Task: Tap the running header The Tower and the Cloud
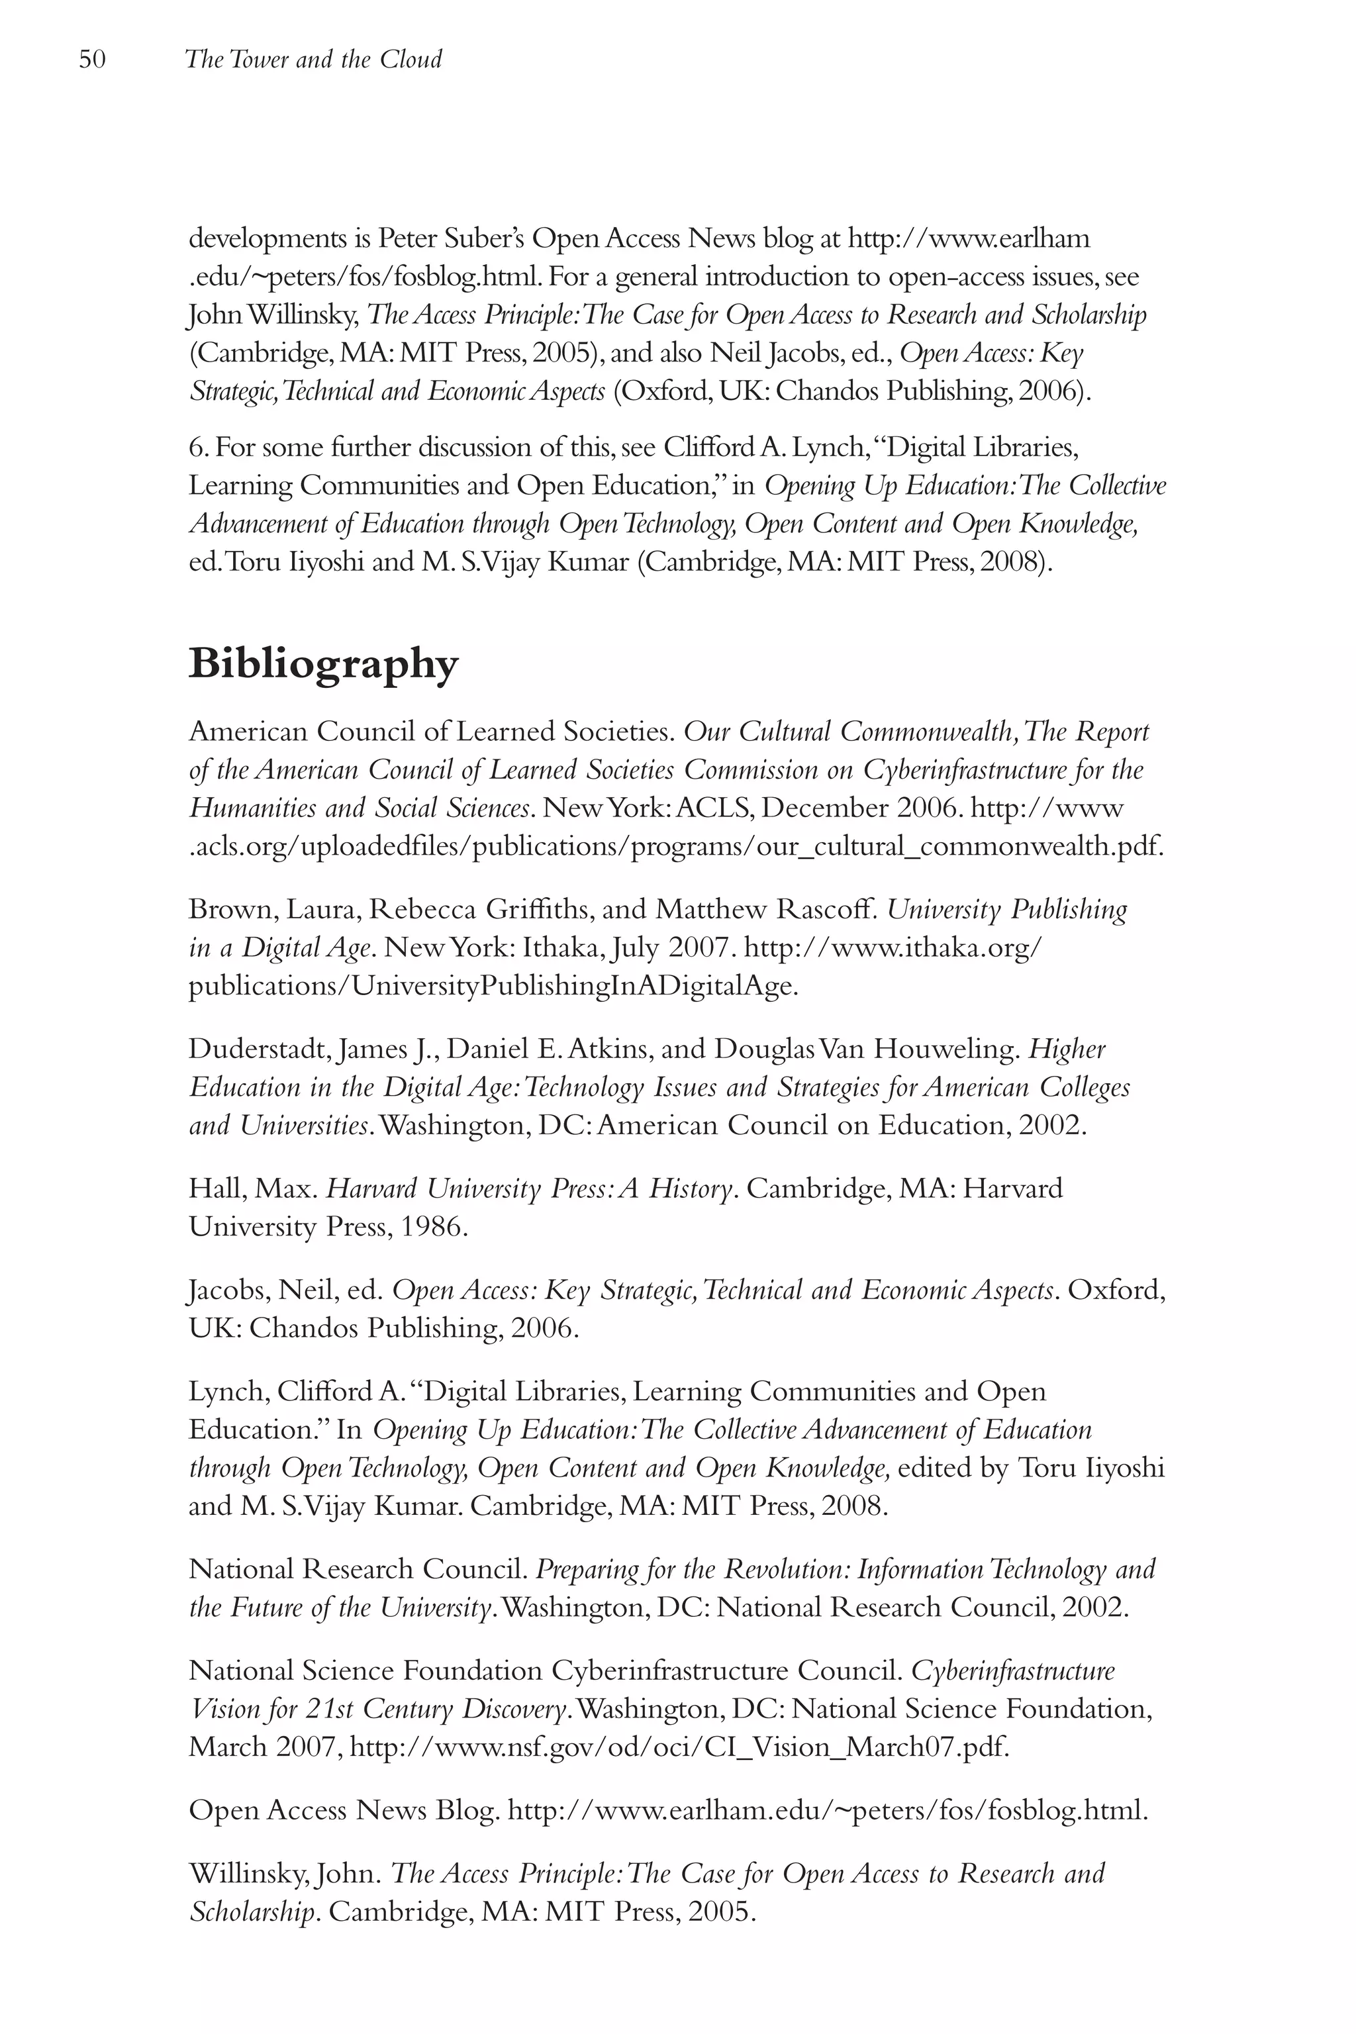[x=313, y=60]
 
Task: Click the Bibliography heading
[x=323, y=663]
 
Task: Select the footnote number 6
[x=195, y=447]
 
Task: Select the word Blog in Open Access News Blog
[x=466, y=1810]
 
